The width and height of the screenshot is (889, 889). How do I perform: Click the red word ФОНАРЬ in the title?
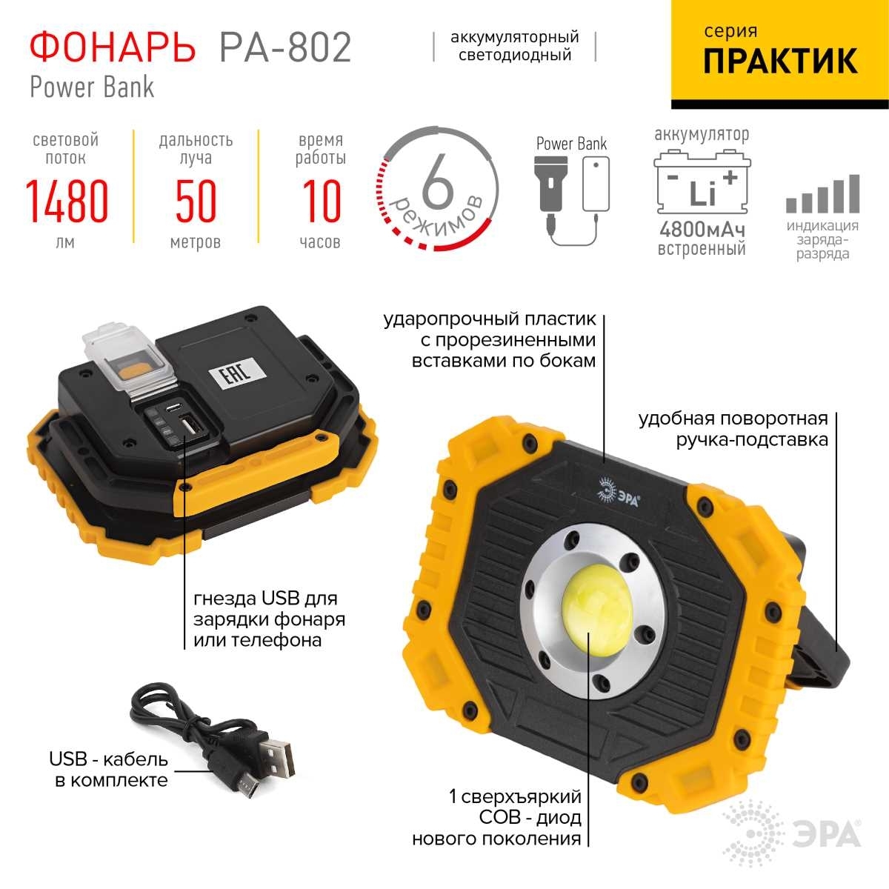point(112,47)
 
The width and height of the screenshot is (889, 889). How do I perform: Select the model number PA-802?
point(285,47)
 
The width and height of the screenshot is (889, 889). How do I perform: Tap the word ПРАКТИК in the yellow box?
point(780,61)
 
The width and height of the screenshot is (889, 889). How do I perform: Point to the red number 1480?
point(67,202)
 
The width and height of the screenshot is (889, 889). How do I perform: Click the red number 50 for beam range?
point(196,202)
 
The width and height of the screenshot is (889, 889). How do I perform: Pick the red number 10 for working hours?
point(322,202)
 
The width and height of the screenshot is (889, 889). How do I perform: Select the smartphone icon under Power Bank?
point(596,184)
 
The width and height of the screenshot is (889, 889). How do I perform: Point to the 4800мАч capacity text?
point(702,229)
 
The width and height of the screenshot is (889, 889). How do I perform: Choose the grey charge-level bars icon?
point(823,194)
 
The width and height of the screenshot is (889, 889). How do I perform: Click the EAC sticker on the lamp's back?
point(238,372)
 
